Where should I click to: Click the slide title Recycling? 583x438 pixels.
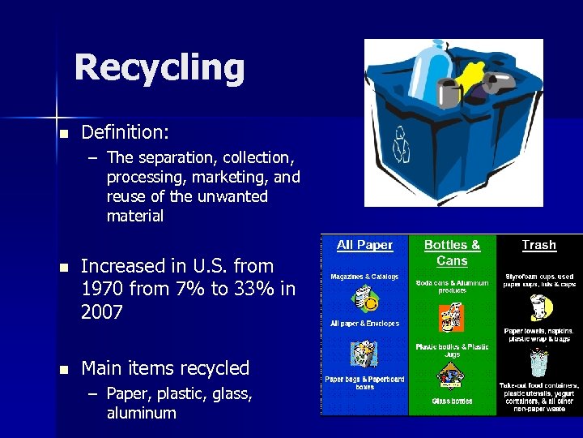click(x=159, y=67)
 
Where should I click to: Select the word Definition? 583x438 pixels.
click(x=125, y=131)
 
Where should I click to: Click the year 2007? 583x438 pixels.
click(x=102, y=312)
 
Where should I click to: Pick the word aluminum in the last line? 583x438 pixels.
click(x=141, y=413)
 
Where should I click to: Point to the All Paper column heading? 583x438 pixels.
click(x=364, y=245)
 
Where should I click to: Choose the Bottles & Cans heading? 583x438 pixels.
click(x=452, y=252)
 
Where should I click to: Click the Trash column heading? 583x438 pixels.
click(x=538, y=245)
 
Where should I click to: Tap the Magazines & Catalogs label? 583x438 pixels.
click(x=364, y=277)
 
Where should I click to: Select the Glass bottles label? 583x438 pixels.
click(x=452, y=401)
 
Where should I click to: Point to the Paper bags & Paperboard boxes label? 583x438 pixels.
click(x=364, y=382)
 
